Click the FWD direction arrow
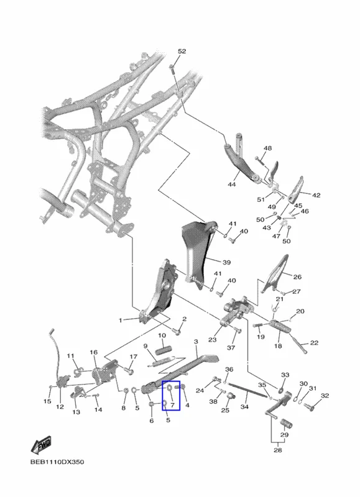pyautogui.click(x=41, y=445)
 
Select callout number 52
pyautogui.click(x=182, y=52)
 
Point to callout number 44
pyautogui.click(x=232, y=184)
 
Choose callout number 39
pyautogui.click(x=226, y=262)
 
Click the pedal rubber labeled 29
pyautogui.click(x=286, y=423)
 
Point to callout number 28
pyautogui.click(x=277, y=450)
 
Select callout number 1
pyautogui.click(x=120, y=321)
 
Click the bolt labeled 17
pyautogui.click(x=129, y=369)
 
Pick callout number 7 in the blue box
pyautogui.click(x=173, y=405)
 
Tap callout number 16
pyautogui.click(x=93, y=352)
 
